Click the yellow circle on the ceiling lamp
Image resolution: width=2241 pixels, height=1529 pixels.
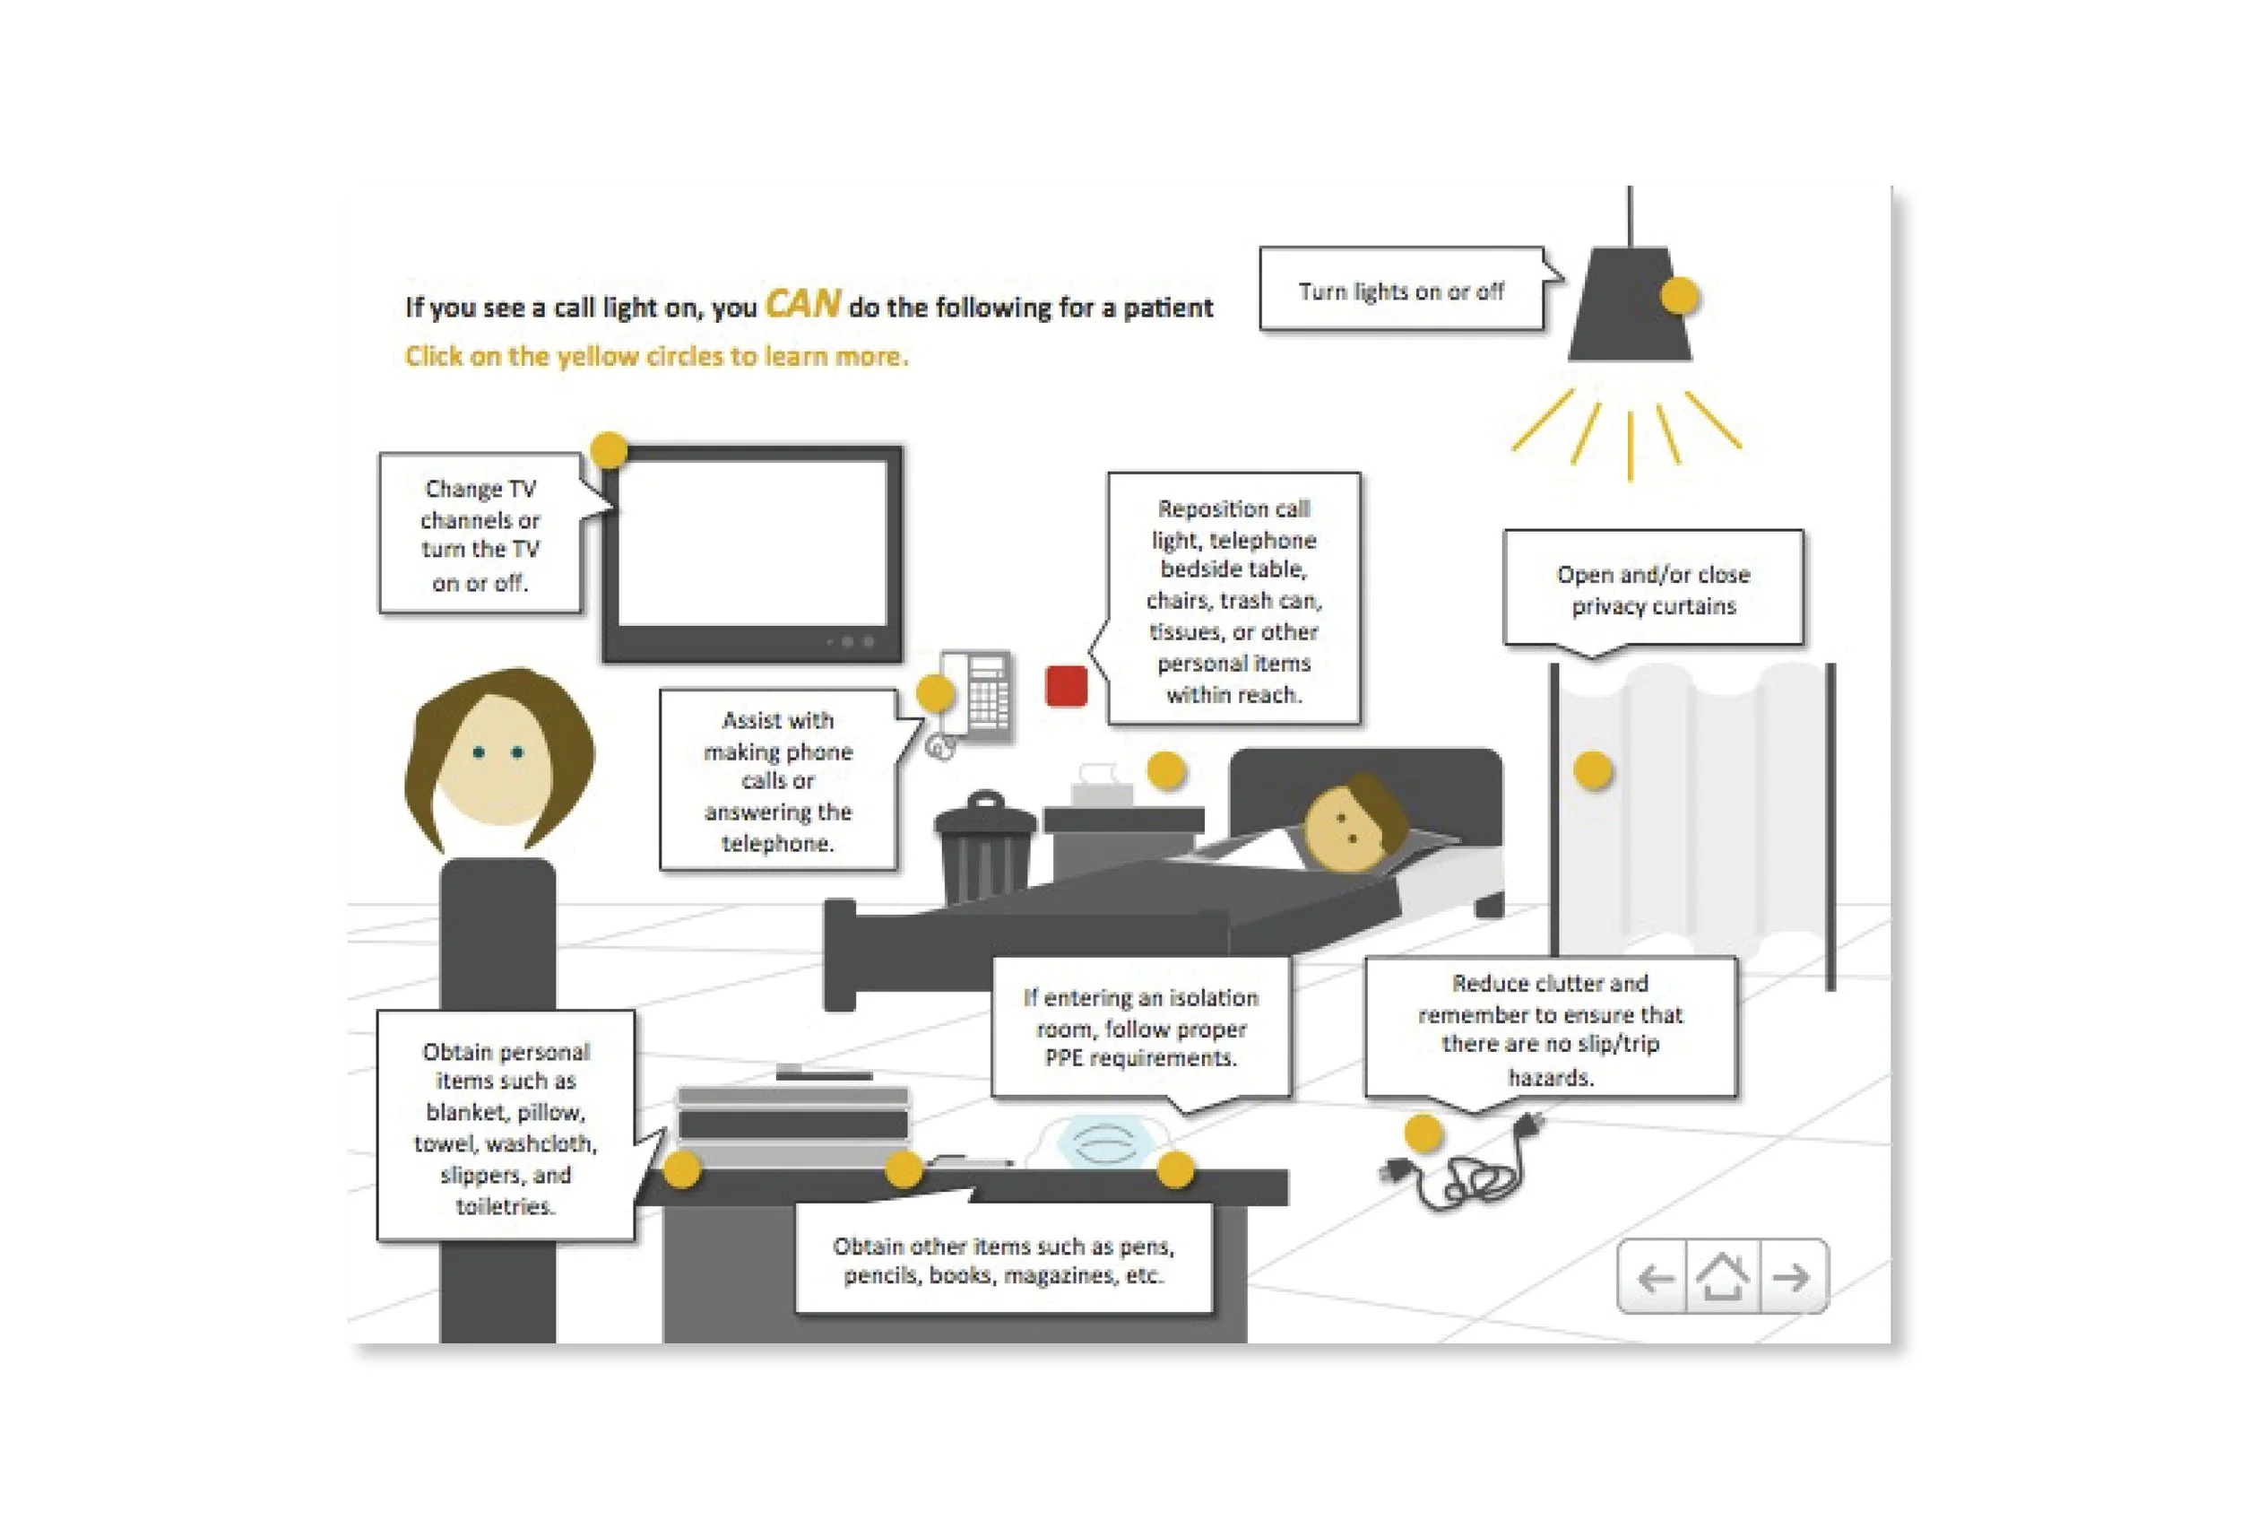[1679, 295]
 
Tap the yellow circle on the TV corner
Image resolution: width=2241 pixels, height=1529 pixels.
[609, 449]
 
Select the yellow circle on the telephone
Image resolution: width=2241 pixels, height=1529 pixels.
[934, 692]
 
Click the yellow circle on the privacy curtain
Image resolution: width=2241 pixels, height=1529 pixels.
[1592, 770]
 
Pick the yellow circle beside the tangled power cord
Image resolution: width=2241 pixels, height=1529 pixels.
[1423, 1134]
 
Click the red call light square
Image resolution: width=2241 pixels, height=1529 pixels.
[1066, 686]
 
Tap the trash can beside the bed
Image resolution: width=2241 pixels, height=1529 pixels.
[983, 849]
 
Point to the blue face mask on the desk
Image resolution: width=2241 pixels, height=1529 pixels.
[1099, 1143]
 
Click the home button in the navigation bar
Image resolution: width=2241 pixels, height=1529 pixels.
[1722, 1277]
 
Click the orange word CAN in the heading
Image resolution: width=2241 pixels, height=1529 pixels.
[802, 305]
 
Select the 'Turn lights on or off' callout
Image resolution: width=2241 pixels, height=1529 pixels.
[1401, 291]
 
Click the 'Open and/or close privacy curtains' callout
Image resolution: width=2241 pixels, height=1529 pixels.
[1653, 589]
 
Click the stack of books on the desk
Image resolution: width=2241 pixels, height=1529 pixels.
[792, 1124]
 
